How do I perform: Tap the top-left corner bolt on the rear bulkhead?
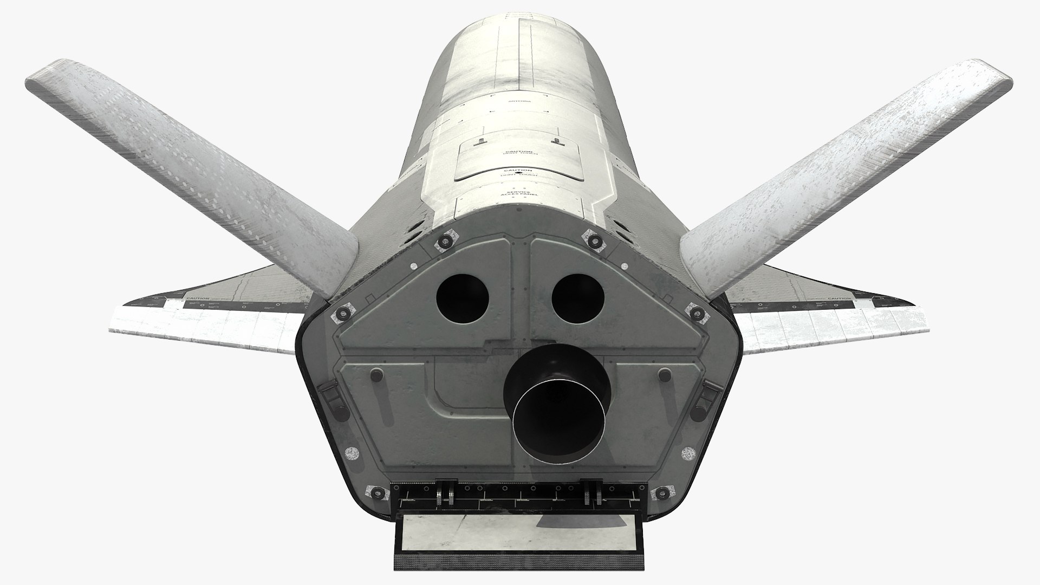[x=446, y=240]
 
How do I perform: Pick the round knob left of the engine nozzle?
[x=378, y=373]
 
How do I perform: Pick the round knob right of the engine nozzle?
[x=663, y=373]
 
